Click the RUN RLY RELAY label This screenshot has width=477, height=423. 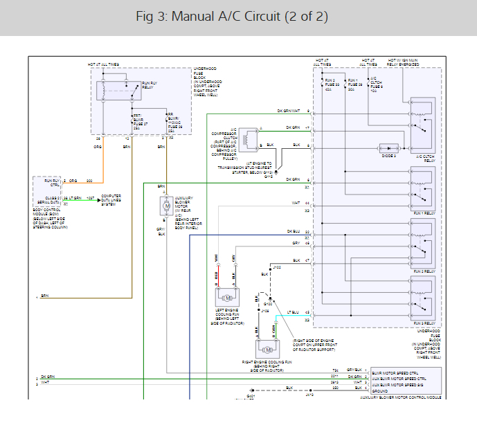[150, 85]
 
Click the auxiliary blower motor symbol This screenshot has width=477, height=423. [166, 206]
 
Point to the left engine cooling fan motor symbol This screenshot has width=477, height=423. [226, 296]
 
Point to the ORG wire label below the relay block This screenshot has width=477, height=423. [98, 147]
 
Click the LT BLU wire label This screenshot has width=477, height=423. [294, 312]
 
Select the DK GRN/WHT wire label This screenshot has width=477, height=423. [288, 111]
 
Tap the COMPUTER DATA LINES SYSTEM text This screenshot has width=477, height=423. [111, 200]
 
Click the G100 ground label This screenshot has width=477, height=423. [268, 304]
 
